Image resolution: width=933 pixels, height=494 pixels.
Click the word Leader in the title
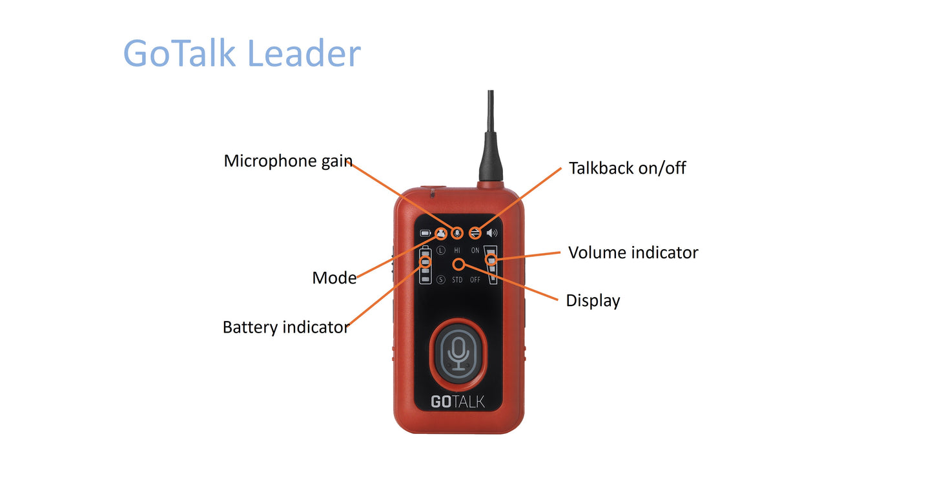click(304, 53)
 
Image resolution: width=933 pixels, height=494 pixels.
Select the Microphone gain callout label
click(288, 161)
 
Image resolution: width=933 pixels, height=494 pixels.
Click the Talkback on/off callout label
click(628, 169)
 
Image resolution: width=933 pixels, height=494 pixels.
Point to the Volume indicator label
click(633, 252)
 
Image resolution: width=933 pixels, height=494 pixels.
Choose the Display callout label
click(593, 301)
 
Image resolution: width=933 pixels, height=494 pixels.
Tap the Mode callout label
click(334, 278)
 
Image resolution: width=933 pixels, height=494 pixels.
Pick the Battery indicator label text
click(286, 327)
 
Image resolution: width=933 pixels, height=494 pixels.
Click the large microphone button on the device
click(458, 355)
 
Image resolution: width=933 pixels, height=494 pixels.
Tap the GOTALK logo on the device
click(458, 402)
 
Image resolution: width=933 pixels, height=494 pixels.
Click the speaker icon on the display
click(492, 233)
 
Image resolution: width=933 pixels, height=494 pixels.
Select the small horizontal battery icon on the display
click(425, 233)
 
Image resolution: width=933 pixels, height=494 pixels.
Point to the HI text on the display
click(457, 251)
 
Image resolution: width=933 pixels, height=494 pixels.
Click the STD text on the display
click(457, 280)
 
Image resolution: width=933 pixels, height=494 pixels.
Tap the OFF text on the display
click(475, 280)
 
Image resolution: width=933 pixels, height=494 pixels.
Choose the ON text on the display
click(475, 251)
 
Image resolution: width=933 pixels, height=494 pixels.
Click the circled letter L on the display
click(441, 251)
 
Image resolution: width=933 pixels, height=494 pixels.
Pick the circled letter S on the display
click(441, 280)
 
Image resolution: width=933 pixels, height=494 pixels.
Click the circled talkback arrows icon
click(475, 233)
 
